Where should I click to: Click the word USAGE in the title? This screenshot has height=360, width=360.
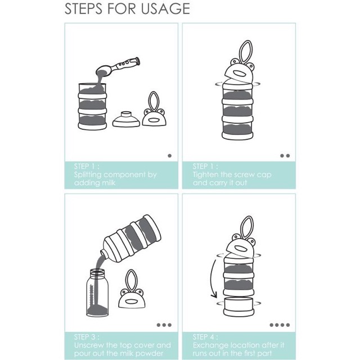point(165,9)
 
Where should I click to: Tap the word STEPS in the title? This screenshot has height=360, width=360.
point(84,9)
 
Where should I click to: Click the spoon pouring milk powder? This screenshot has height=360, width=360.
point(118,66)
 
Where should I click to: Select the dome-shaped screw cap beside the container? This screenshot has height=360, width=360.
point(126,119)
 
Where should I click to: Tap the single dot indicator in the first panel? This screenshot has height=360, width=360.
point(170,156)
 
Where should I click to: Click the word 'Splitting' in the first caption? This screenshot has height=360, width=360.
point(88,175)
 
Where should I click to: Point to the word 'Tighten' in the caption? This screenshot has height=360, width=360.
point(205,175)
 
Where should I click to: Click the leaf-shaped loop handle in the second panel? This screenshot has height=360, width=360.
point(246,52)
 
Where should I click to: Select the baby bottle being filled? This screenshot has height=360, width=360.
point(97,292)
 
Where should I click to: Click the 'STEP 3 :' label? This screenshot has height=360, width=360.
point(87,337)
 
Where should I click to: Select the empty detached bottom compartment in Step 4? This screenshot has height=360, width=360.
point(238,307)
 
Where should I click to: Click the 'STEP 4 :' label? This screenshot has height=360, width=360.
point(205,337)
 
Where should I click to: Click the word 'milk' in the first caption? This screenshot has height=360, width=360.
point(107,183)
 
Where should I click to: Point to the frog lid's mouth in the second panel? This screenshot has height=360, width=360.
point(240,74)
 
